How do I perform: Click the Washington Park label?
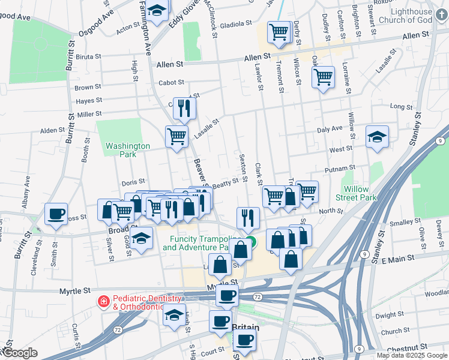point(127,150)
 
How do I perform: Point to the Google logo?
point(19,353)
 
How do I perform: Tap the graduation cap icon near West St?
point(376,137)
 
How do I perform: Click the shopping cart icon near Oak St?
point(323,77)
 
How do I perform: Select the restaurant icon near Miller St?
point(184,109)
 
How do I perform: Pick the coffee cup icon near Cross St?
point(56,214)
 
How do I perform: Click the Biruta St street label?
point(88,58)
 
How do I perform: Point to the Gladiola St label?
point(235,24)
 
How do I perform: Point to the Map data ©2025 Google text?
point(411,355)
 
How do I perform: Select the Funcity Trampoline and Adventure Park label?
point(196,243)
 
